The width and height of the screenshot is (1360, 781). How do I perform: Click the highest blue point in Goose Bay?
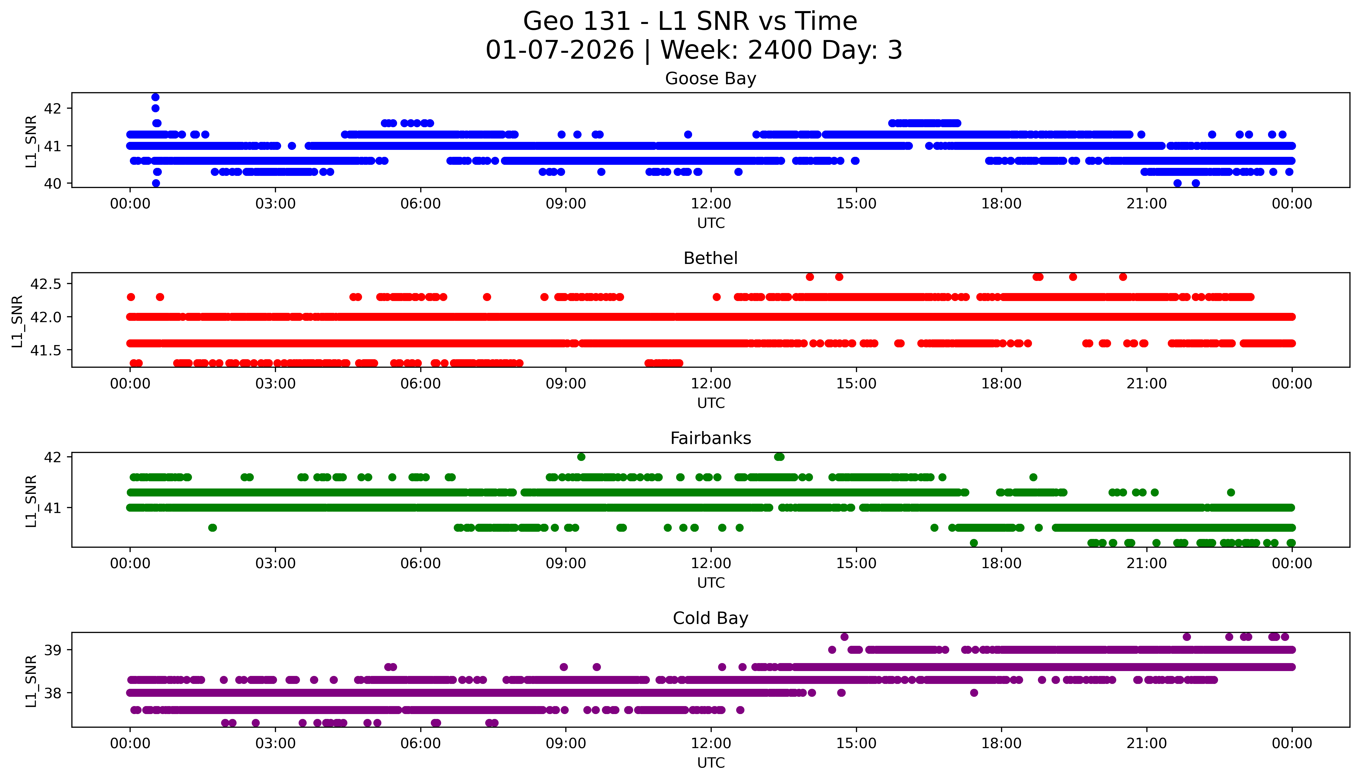click(x=155, y=97)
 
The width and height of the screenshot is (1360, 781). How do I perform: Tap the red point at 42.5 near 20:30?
click(x=1123, y=277)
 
